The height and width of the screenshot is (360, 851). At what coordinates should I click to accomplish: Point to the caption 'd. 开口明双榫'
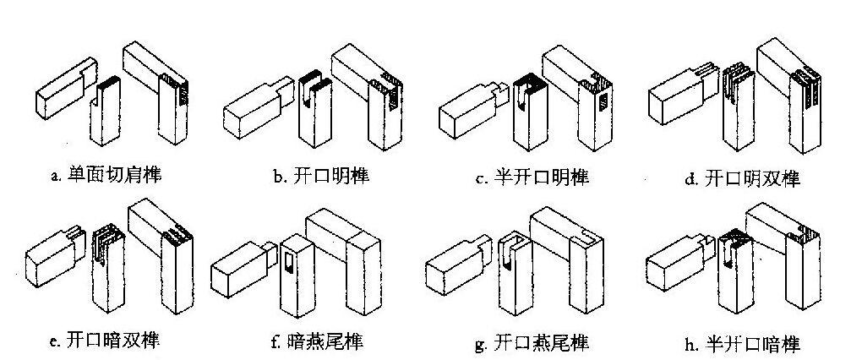click(739, 179)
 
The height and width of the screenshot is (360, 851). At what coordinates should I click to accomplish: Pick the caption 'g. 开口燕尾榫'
click(532, 343)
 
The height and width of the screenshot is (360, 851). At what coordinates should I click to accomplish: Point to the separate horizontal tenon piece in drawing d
click(676, 97)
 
